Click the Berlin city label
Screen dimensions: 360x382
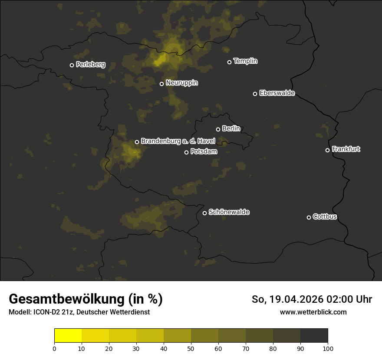pyautogui.click(x=231, y=129)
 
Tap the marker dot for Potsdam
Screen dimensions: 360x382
pyautogui.click(x=186, y=152)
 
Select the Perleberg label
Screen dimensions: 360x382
pyautogui.click(x=90, y=65)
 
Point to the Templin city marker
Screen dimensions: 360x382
pyautogui.click(x=229, y=62)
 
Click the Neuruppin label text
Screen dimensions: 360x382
pyautogui.click(x=181, y=83)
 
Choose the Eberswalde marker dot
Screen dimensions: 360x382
pyautogui.click(x=255, y=94)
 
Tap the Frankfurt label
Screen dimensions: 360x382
pyautogui.click(x=346, y=149)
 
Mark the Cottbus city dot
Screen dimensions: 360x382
pyautogui.click(x=309, y=217)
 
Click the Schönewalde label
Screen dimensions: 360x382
pyautogui.click(x=229, y=212)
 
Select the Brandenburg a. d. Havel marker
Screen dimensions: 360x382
pyautogui.click(x=137, y=142)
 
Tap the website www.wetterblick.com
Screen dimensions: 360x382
pyautogui.click(x=313, y=312)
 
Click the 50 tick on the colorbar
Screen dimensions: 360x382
pyautogui.click(x=191, y=348)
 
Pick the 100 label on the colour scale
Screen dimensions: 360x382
pyautogui.click(x=328, y=348)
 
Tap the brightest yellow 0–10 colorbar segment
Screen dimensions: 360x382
pyautogui.click(x=68, y=336)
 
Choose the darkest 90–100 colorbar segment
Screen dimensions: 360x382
pyautogui.click(x=314, y=336)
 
